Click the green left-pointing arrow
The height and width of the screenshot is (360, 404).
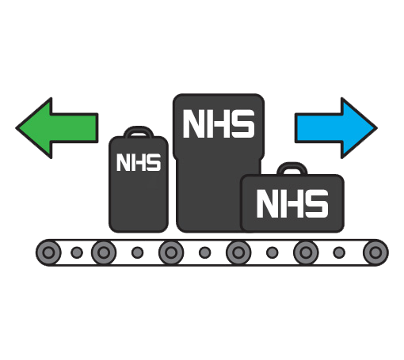coord(57,128)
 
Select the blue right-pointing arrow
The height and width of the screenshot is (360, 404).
coord(336,128)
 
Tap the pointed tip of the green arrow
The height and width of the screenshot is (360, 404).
coord(17,128)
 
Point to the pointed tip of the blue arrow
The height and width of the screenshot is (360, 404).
coord(376,128)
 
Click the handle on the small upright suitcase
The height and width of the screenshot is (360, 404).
coord(139,131)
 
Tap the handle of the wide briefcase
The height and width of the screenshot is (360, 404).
coord(292,168)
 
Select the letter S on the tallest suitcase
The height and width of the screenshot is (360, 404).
coord(243,124)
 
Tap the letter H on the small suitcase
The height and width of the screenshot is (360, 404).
coord(139,162)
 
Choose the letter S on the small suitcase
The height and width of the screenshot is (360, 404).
coord(154,162)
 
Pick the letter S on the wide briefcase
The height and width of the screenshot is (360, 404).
coord(317,204)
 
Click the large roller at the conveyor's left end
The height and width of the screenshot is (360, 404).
coord(48,252)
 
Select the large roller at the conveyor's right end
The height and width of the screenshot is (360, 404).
coord(375,252)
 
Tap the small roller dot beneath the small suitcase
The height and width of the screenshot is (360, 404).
coord(138,252)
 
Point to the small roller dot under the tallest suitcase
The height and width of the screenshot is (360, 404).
coord(205,252)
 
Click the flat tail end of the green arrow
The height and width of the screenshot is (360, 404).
coord(97,128)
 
